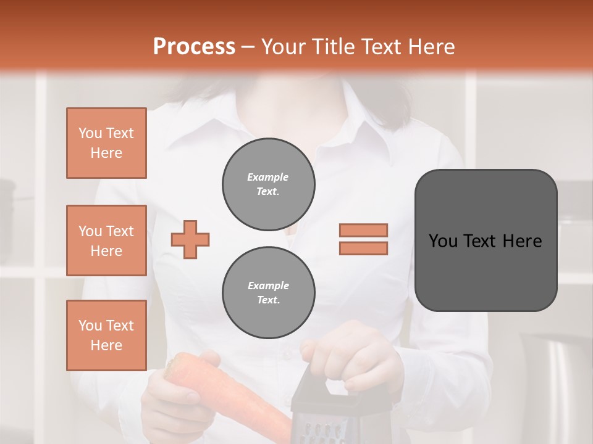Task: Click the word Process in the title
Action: [194, 46]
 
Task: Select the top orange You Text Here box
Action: [106, 143]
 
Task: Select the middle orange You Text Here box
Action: [106, 240]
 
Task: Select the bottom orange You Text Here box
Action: [106, 335]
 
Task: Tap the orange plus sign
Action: [190, 239]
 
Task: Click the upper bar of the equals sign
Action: [363, 230]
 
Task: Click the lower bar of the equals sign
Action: [363, 248]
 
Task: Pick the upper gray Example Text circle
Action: [268, 184]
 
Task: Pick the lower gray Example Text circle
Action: [268, 292]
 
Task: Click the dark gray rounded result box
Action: [486, 240]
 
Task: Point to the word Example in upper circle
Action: [268, 177]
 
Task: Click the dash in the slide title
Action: [248, 47]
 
